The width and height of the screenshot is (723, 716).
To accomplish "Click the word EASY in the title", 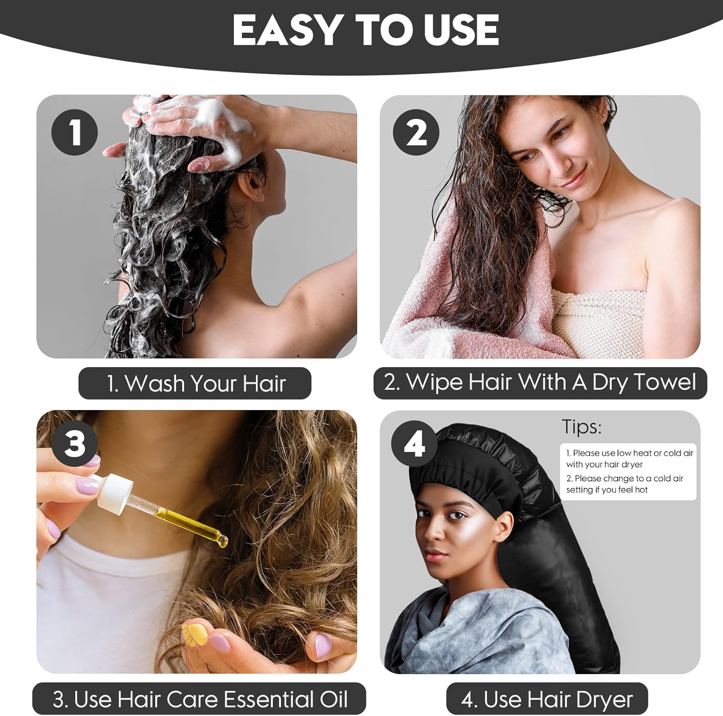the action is click(287, 30).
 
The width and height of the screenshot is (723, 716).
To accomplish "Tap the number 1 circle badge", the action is click(75, 132).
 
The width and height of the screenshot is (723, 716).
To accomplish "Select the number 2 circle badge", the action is click(416, 132).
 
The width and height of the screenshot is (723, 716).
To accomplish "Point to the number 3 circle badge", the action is click(75, 444).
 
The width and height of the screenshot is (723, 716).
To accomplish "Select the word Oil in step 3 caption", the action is click(334, 699).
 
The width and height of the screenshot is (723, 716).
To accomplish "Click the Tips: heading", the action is click(582, 427).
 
